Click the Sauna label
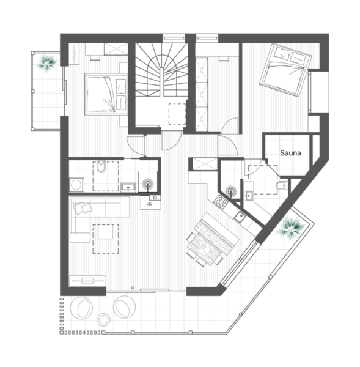click(x=290, y=153)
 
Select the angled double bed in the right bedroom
click(x=285, y=70)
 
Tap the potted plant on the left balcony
click(x=46, y=62)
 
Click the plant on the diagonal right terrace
click(x=291, y=228)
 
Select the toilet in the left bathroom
click(x=101, y=166)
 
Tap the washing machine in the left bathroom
click(x=76, y=185)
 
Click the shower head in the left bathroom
click(x=148, y=184)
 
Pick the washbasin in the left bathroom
click(x=128, y=187)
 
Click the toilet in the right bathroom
click(x=281, y=185)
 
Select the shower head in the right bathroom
click(x=231, y=191)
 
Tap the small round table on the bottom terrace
click(x=104, y=319)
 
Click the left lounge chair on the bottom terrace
click(x=83, y=308)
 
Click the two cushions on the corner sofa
click(x=83, y=208)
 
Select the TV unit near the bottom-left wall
click(x=88, y=280)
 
